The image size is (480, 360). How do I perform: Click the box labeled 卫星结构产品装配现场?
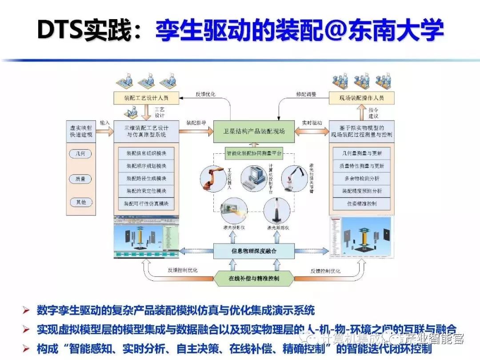[x=254, y=131]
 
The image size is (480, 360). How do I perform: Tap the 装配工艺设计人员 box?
[x=146, y=97]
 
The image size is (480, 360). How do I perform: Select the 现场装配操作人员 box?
[x=362, y=97]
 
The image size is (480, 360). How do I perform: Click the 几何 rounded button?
[x=80, y=154]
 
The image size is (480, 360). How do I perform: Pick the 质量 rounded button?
[x=80, y=179]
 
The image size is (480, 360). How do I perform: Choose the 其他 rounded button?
[x=80, y=202]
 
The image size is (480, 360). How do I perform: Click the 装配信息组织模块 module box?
[x=146, y=154]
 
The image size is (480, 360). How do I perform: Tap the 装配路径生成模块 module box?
[x=146, y=179]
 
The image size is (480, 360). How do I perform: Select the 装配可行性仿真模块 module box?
[x=146, y=204]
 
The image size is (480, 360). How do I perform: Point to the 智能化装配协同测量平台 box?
[x=254, y=153]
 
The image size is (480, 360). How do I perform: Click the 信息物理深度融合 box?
[x=254, y=251]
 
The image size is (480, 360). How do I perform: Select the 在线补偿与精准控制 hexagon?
[x=254, y=279]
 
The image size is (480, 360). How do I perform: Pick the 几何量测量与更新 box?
[x=362, y=154]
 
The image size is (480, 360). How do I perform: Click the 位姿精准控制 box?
[x=362, y=204]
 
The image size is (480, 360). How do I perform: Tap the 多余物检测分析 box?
[x=362, y=179]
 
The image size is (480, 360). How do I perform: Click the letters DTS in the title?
[x=62, y=31]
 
